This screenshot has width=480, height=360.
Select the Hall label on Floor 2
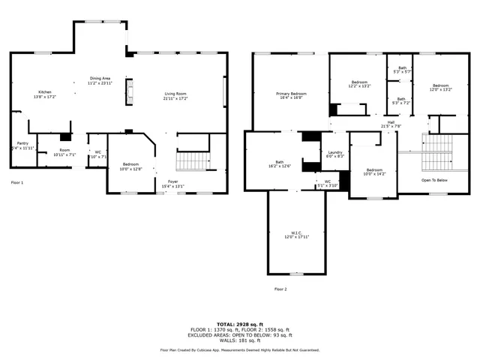pos(391,124)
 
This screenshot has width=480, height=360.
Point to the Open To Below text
pos(434,181)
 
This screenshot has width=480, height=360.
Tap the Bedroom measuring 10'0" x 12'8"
pos(130,166)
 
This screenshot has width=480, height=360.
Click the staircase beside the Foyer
pos(193,160)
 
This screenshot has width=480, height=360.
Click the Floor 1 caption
pos(16,182)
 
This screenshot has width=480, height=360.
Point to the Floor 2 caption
pos(280,289)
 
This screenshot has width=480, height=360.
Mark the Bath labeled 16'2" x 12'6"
pos(279,163)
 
